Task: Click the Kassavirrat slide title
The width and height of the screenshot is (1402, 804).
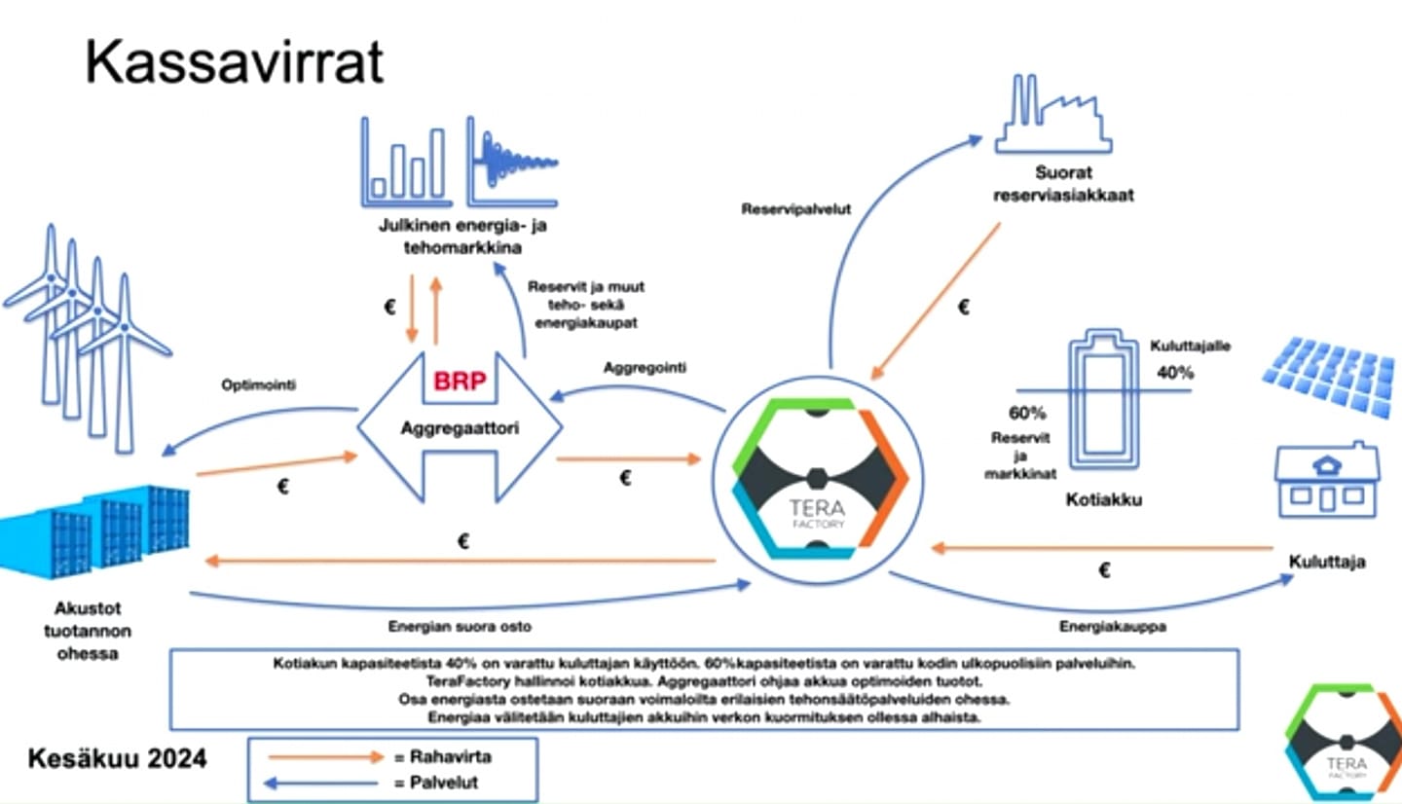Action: point(235,63)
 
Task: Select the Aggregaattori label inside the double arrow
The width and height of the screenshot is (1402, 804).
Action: point(460,427)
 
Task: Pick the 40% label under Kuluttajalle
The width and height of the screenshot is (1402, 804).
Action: point(1176,372)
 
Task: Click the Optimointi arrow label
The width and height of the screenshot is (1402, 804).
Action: point(259,385)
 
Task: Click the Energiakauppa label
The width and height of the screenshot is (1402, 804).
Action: point(1112,627)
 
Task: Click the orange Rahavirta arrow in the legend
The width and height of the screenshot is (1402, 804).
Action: point(326,756)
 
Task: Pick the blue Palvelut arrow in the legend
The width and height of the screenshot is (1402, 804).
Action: point(326,782)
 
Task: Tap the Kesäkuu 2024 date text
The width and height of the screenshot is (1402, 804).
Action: point(117,758)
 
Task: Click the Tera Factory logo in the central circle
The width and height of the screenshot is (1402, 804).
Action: point(819,476)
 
